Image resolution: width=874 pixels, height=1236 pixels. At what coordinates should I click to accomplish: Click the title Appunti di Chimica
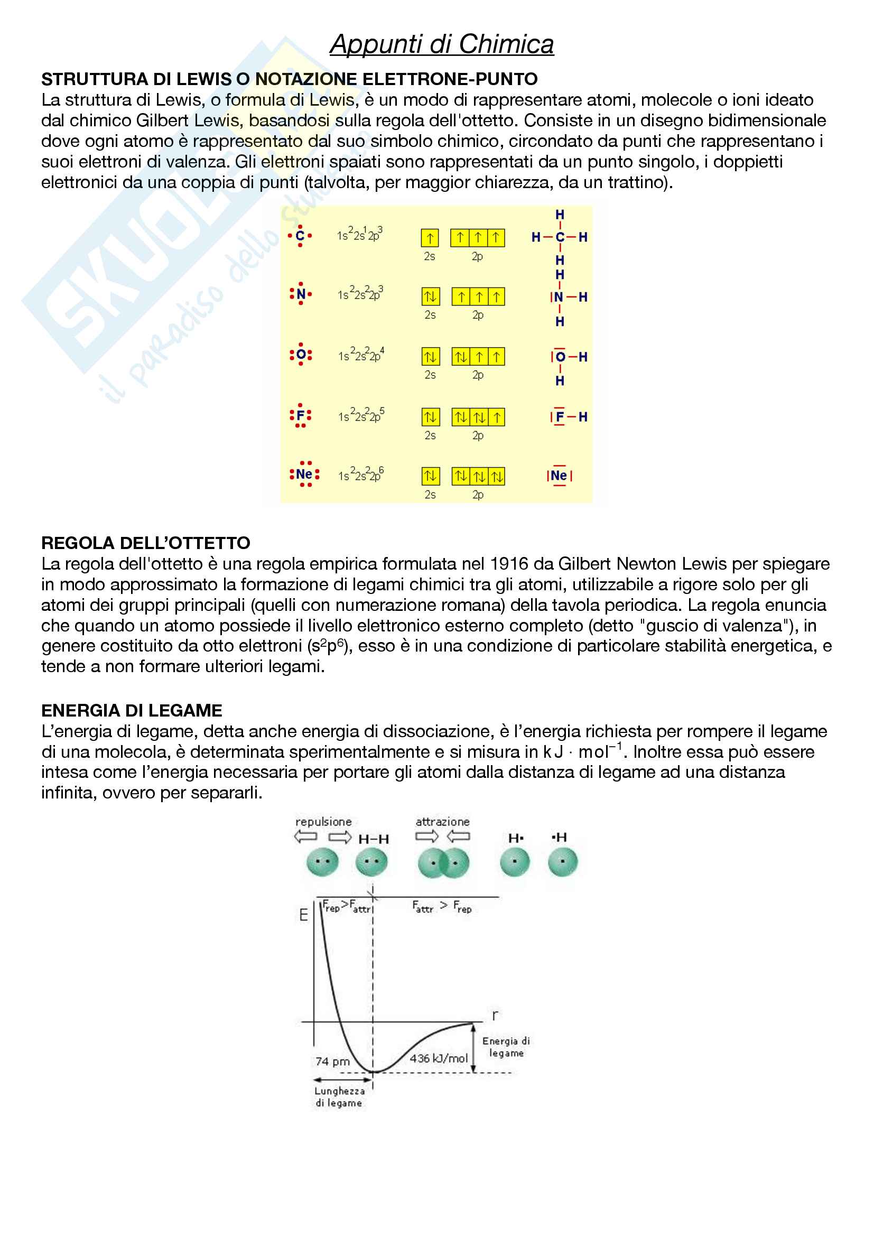point(441,44)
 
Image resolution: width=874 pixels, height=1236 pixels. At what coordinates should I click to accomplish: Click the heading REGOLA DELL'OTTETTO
point(145,543)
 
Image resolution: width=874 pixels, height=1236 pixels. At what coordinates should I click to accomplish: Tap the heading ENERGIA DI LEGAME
point(132,710)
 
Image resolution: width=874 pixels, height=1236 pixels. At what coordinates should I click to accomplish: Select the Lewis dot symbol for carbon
point(300,236)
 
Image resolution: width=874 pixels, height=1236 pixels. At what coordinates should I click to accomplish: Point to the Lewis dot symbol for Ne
point(304,474)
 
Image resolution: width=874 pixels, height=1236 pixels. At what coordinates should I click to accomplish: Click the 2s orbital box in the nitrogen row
point(430,296)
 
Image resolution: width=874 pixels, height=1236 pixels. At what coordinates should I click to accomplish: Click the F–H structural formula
point(569,416)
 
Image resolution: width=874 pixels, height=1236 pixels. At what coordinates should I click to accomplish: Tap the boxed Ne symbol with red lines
point(559,476)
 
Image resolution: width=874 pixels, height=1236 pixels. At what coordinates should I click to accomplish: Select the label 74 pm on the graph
point(332,1061)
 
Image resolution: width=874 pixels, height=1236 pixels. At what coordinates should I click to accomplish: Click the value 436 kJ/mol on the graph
point(439,1058)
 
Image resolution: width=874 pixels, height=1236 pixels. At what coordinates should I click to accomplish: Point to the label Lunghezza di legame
point(339,1096)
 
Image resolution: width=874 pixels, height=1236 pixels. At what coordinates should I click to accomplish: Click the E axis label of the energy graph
point(303,915)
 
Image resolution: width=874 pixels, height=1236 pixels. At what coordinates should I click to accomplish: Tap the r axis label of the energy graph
point(495,1015)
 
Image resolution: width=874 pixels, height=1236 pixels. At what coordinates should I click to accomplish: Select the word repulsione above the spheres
point(323,822)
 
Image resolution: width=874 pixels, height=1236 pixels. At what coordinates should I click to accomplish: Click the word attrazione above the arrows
point(442,822)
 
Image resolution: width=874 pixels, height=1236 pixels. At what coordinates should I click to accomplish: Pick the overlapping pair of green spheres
point(443,862)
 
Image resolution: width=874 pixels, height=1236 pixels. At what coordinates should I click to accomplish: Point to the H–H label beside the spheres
point(374,839)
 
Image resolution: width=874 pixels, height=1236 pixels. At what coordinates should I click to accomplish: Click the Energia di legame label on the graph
point(506,1046)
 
